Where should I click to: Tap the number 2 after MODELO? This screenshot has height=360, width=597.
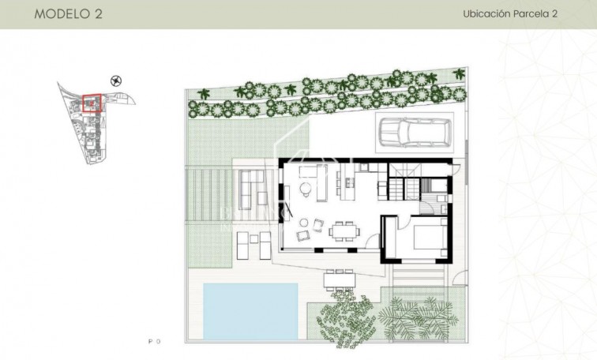(97, 14)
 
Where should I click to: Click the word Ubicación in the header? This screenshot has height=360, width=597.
(487, 14)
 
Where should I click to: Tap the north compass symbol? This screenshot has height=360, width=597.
(117, 80)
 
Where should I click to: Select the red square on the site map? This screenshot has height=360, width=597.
(92, 104)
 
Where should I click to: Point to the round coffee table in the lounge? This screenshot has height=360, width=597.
(305, 189)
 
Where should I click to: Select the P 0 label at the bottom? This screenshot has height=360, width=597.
(154, 341)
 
